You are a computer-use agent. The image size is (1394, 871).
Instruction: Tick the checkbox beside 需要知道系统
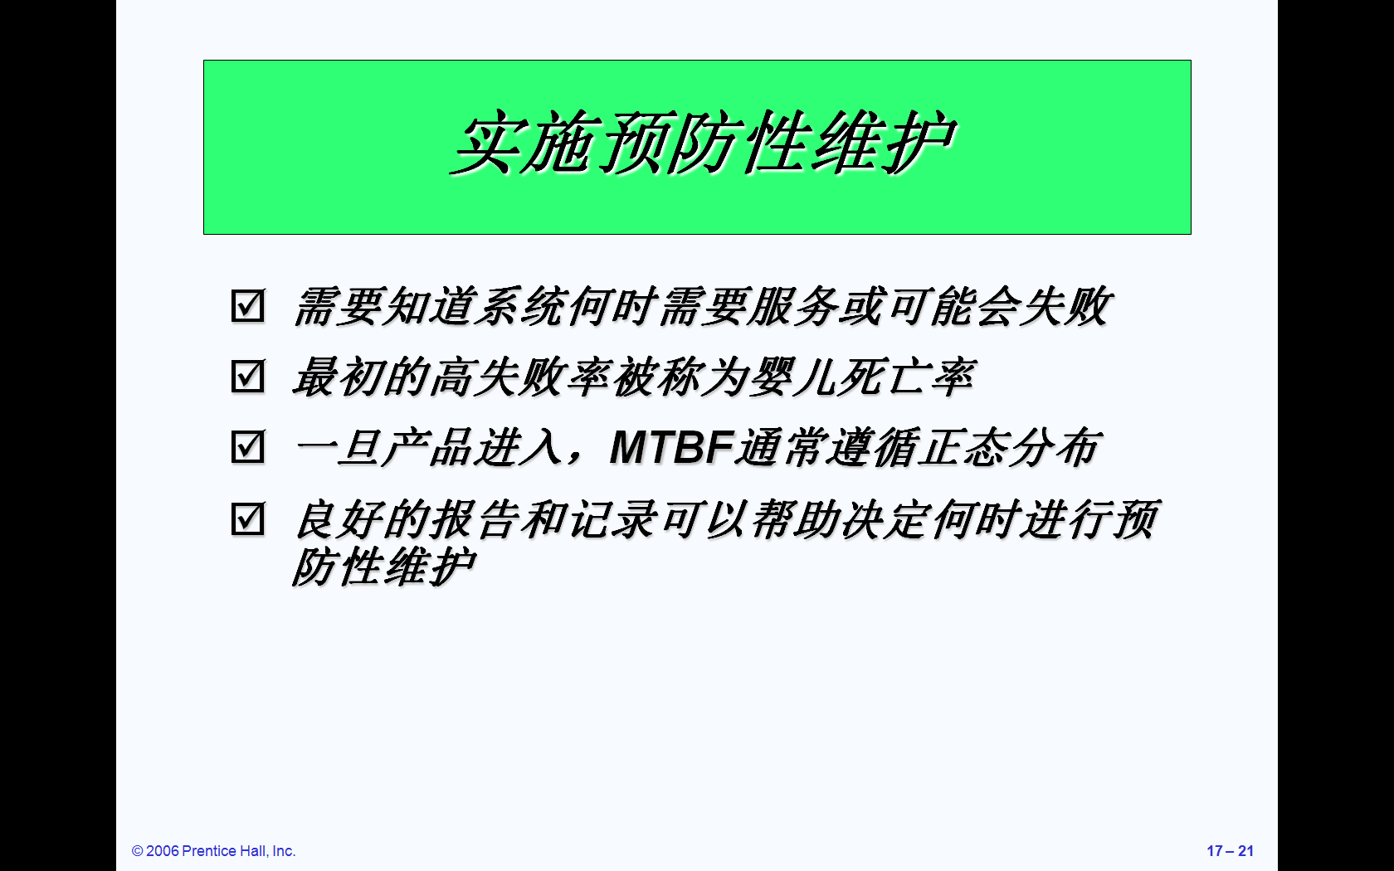(247, 305)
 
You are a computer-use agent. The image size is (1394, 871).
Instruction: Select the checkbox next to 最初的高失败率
(247, 376)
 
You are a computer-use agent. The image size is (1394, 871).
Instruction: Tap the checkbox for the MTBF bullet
(247, 446)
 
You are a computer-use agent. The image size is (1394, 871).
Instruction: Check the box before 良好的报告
(247, 518)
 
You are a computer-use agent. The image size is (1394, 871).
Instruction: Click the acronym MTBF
(672, 447)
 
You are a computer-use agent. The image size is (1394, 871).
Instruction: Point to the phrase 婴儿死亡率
(862, 377)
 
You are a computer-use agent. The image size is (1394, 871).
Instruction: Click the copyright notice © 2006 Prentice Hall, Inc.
(213, 850)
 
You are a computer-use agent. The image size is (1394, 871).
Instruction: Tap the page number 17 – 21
(1231, 850)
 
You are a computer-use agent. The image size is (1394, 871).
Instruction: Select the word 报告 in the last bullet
(475, 519)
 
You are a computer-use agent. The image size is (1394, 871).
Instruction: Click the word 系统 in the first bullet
(520, 306)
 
